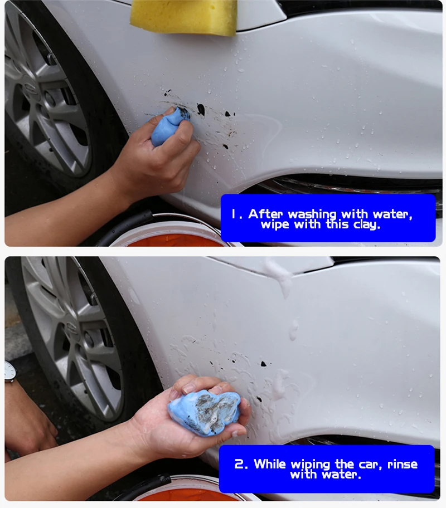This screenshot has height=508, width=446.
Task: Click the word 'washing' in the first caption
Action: pos(313,214)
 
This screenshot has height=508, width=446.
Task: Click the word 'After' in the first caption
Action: pos(265,214)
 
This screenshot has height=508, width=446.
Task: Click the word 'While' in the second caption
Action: pos(270,464)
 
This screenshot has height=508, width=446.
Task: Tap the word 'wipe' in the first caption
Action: pos(275,224)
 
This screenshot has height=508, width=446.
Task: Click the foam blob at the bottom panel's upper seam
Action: pos(278,275)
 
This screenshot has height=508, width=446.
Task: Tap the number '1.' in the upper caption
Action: pos(236,214)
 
